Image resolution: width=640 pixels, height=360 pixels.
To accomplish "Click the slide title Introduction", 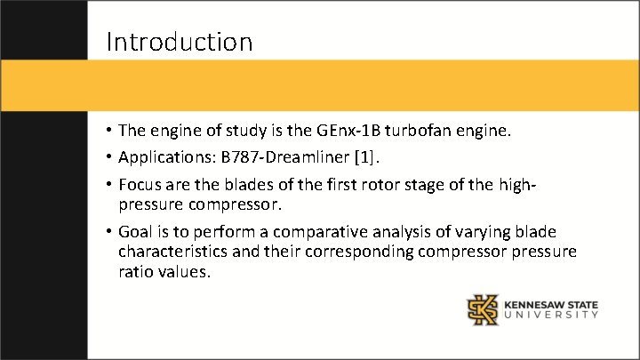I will [179, 42].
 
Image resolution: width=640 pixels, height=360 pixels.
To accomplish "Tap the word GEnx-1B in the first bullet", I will [348, 131].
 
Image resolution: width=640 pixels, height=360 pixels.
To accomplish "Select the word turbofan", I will [420, 131].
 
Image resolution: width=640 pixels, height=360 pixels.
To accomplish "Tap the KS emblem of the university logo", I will [483, 308].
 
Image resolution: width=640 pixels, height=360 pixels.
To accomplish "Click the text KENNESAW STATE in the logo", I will [551, 304].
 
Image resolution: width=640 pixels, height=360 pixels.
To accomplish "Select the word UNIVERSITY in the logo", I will [551, 316].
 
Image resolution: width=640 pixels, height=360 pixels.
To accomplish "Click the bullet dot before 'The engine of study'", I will [106, 132].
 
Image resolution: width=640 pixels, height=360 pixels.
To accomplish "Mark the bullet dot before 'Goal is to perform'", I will [106, 233].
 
